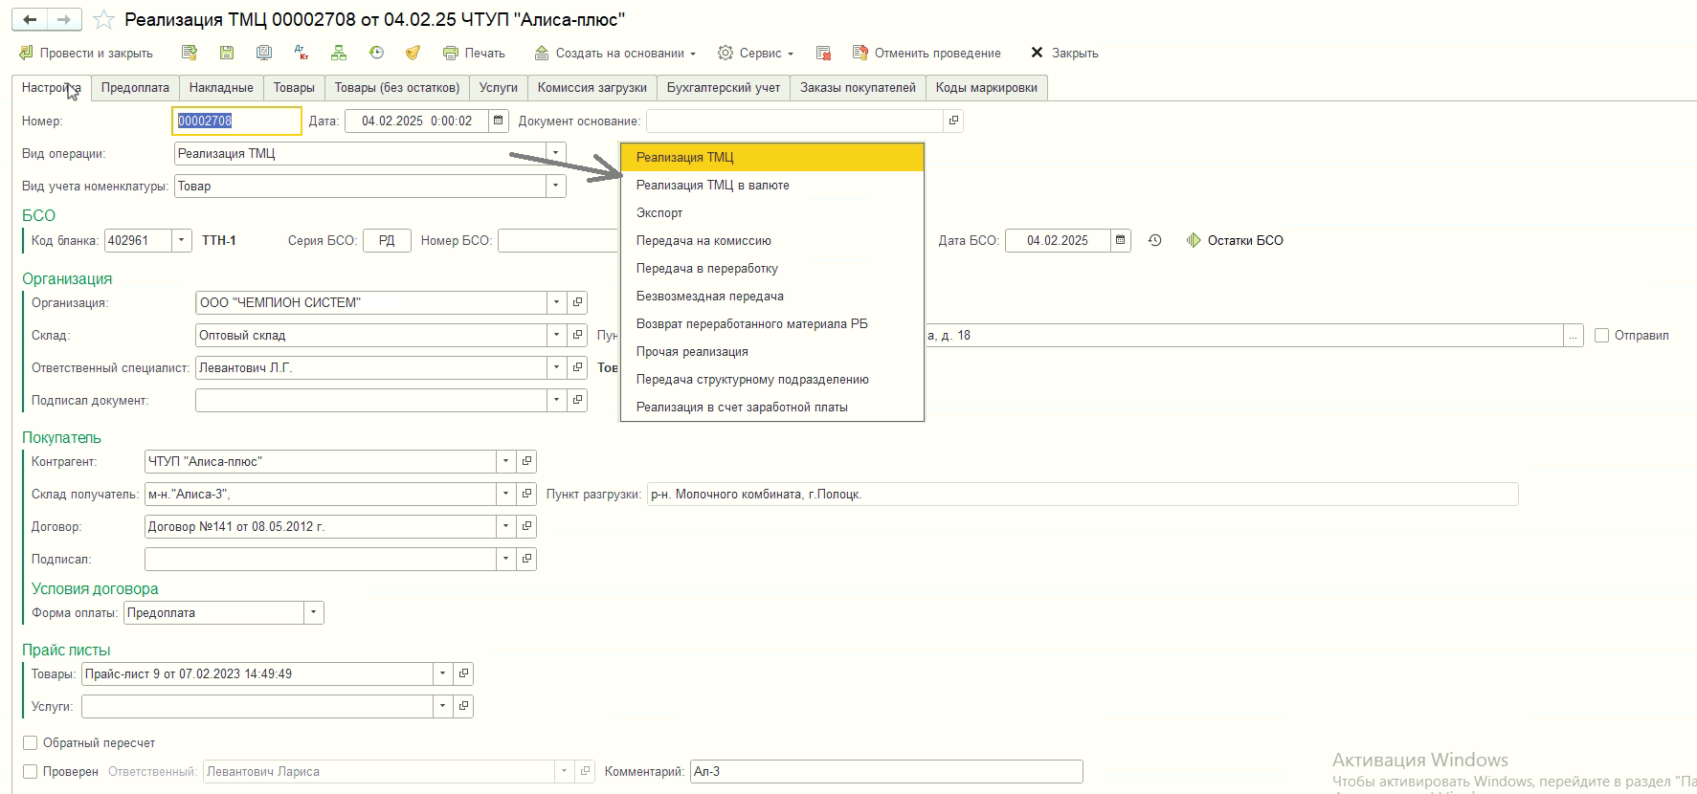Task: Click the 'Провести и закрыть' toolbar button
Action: coord(86,54)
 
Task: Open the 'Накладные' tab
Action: coord(221,88)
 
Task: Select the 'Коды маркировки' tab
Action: coord(986,88)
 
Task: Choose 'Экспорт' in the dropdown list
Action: coord(659,213)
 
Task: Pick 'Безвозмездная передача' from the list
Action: coord(710,297)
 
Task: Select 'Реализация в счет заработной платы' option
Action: coord(742,408)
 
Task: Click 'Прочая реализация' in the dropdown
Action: coord(692,352)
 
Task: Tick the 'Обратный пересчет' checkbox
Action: coord(31,743)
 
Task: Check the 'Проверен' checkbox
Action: coord(31,772)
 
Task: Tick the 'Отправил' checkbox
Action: coord(1602,336)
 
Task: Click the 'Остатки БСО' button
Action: coord(1235,241)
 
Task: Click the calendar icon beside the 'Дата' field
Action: coord(498,121)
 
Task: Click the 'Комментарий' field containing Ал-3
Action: coord(886,772)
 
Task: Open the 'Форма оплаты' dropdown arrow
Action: coord(313,613)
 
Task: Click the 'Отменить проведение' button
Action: coord(927,54)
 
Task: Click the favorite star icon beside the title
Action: coord(103,20)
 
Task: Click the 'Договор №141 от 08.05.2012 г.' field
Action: coord(321,527)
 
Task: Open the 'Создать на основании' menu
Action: coord(615,54)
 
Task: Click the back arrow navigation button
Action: coord(30,20)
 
